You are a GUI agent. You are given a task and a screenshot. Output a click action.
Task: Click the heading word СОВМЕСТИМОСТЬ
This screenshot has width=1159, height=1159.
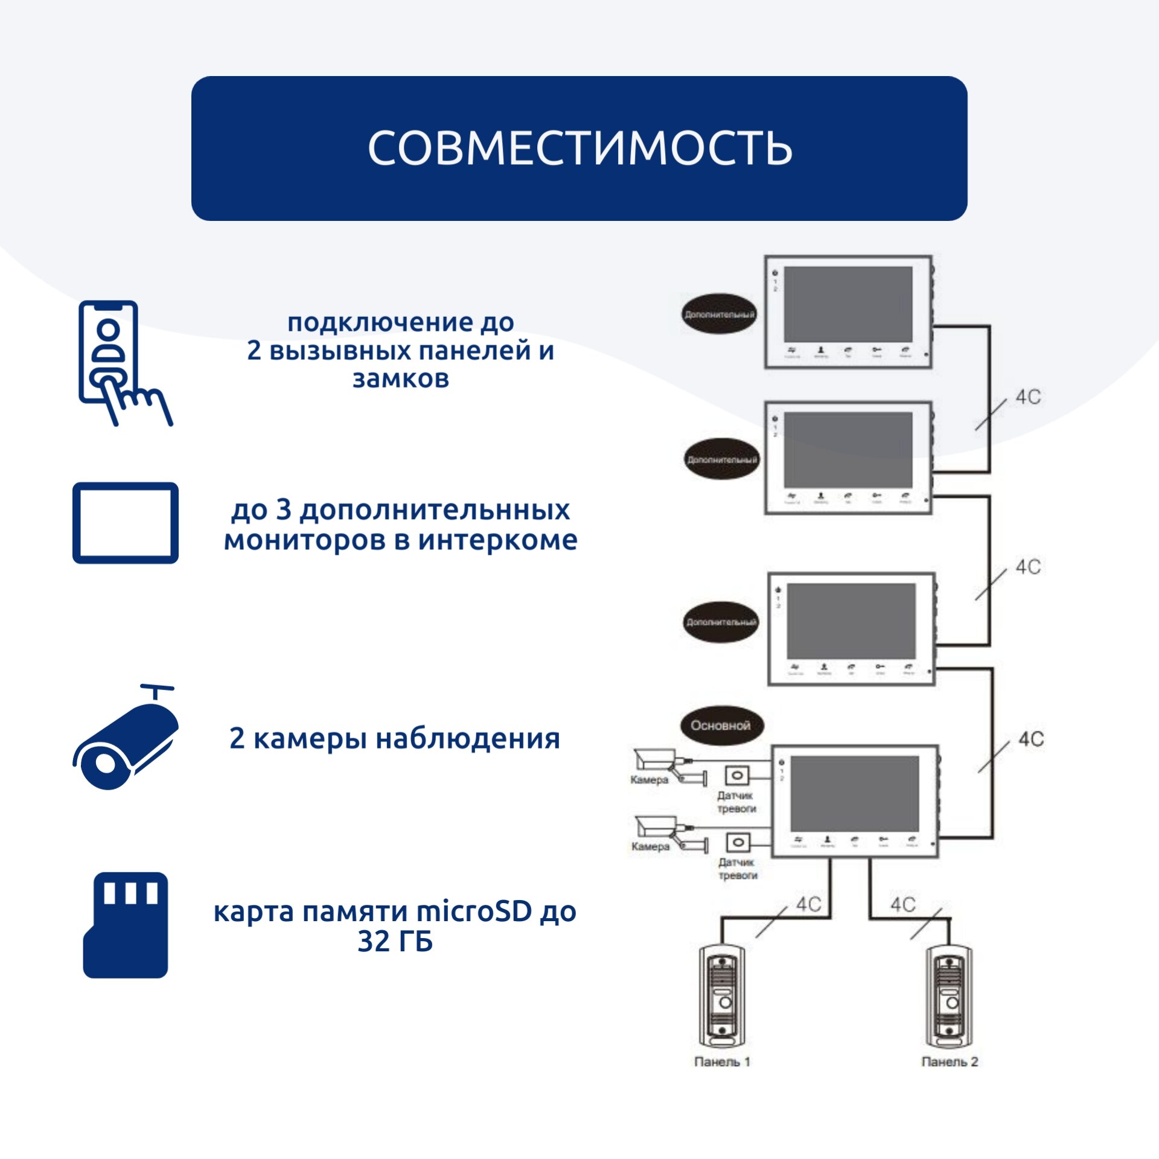pyautogui.click(x=579, y=148)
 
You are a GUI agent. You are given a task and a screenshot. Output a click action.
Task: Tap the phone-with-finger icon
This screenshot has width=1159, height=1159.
pyautogui.click(x=121, y=362)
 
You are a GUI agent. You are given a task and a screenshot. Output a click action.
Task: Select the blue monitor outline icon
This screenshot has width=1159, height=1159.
pyautogui.click(x=126, y=523)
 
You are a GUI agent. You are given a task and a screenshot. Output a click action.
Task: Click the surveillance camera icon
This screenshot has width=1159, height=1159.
pyautogui.click(x=126, y=739)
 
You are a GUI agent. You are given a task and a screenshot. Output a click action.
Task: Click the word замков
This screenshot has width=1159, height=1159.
pyautogui.click(x=401, y=379)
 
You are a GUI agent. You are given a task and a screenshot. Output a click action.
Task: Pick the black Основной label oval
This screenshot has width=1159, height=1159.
pyautogui.click(x=721, y=726)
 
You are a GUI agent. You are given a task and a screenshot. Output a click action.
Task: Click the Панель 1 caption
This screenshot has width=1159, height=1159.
pyautogui.click(x=722, y=1062)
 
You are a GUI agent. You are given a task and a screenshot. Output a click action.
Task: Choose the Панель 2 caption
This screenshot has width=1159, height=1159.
pyautogui.click(x=950, y=1062)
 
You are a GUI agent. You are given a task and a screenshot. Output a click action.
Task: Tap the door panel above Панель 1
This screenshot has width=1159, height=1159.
pyautogui.click(x=722, y=996)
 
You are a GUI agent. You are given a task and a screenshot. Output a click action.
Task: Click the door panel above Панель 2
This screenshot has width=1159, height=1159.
pyautogui.click(x=950, y=996)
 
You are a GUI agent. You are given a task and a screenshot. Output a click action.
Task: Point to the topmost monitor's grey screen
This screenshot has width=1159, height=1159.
pyautogui.click(x=848, y=304)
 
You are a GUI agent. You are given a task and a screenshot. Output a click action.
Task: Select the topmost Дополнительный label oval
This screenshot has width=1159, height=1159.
pyautogui.click(x=719, y=314)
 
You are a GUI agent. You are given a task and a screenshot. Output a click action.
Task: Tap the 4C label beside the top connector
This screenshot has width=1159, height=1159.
pyautogui.click(x=1028, y=397)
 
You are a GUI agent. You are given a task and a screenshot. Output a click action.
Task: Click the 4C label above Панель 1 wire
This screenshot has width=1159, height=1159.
pyautogui.click(x=808, y=904)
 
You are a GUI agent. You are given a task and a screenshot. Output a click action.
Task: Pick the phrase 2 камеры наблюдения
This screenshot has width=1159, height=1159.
pyautogui.click(x=395, y=738)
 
